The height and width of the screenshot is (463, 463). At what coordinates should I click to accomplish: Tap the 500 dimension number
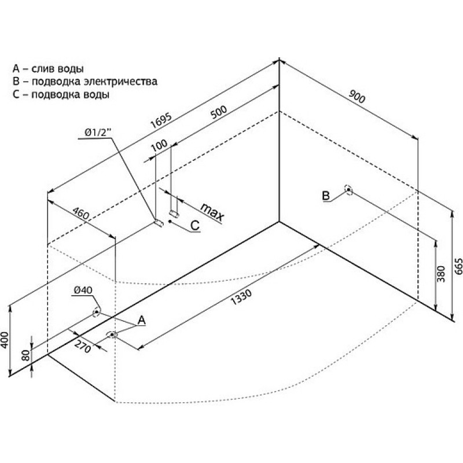click(x=218, y=113)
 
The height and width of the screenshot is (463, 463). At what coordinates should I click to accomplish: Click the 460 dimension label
click(x=81, y=215)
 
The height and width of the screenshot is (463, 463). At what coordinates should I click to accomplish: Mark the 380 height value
click(x=441, y=273)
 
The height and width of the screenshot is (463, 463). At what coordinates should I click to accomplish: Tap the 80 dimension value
click(x=25, y=355)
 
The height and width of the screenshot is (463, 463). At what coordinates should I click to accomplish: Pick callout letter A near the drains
click(x=141, y=319)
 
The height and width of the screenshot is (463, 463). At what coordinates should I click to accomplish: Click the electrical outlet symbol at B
click(x=348, y=189)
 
